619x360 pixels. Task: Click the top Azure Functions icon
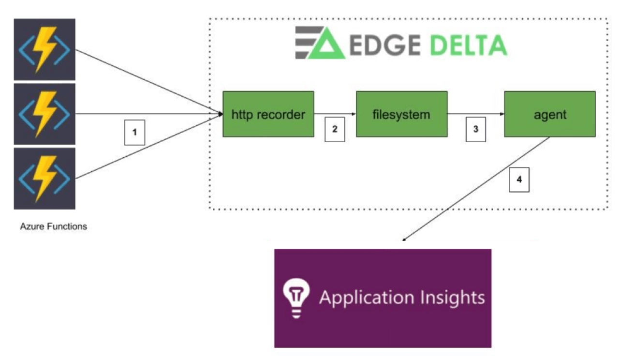click(x=44, y=49)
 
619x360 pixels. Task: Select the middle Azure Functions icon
click(x=44, y=114)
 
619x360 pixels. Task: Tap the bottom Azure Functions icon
click(x=44, y=179)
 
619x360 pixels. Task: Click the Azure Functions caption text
click(x=54, y=226)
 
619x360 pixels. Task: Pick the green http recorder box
click(x=268, y=114)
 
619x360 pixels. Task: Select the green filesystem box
click(x=401, y=114)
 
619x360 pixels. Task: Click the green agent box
click(x=550, y=114)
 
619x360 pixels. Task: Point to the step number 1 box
click(x=135, y=131)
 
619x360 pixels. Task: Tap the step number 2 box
click(x=334, y=129)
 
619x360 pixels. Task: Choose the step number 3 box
click(x=475, y=129)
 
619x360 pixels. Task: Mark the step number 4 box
click(x=519, y=180)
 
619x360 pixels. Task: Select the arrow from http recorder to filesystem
click(x=335, y=114)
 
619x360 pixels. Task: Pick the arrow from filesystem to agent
click(x=476, y=114)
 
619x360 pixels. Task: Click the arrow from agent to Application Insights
click(x=476, y=189)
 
